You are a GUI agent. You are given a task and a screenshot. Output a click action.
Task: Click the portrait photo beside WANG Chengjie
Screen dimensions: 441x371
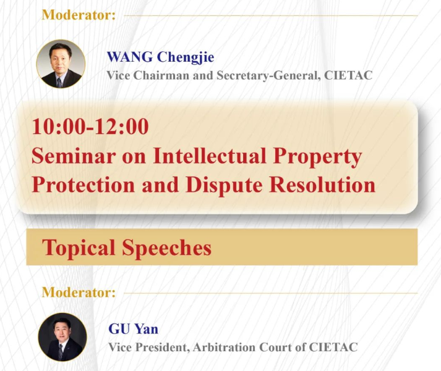pos(61,64)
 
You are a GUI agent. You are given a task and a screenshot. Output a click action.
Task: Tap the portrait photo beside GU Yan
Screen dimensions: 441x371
pos(62,337)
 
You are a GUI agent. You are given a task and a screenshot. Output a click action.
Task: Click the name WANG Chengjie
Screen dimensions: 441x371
pos(160,58)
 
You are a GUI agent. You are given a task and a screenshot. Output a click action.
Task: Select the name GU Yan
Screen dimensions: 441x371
pos(134,329)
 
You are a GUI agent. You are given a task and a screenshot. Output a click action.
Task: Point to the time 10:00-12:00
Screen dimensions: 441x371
pos(90,127)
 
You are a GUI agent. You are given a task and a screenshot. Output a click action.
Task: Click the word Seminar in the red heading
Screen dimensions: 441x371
pos(74,156)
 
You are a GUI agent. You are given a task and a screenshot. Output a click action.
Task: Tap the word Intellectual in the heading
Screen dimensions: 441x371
pos(210,156)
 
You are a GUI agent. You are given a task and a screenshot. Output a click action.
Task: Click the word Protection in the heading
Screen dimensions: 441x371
pos(83,185)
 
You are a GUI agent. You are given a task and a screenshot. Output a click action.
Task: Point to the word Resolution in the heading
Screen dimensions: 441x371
pos(322,185)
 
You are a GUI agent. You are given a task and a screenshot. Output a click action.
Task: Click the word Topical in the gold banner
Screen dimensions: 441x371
pos(79,248)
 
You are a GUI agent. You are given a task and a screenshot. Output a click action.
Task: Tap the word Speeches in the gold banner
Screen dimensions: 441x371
pos(166,248)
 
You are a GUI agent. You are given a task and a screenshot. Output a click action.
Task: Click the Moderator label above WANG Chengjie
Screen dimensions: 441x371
pos(79,15)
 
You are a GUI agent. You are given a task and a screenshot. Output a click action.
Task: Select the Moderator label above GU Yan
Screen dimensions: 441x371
pos(79,293)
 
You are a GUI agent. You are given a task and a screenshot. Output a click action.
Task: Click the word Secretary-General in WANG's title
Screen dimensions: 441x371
pos(269,76)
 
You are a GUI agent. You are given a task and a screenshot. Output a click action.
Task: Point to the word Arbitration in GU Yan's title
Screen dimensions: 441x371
pos(224,347)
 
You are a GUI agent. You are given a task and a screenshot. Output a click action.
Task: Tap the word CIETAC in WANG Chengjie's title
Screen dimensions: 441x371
pos(348,75)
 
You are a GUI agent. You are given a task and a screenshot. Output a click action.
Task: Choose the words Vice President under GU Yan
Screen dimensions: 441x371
pos(148,348)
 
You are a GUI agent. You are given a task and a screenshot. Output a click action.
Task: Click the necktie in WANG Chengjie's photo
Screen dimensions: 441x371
pos(59,83)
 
